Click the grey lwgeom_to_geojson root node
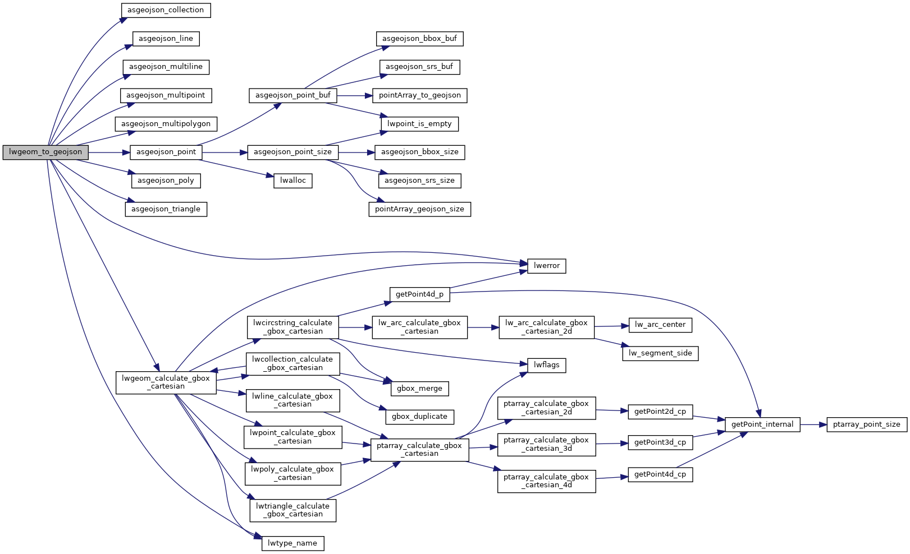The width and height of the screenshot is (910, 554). (45, 152)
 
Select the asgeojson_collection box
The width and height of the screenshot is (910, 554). (166, 10)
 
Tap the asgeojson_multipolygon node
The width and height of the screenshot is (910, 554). (166, 123)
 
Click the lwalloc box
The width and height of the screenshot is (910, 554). (292, 181)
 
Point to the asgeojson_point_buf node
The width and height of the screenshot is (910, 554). (292, 95)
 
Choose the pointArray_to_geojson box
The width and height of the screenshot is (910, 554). (419, 95)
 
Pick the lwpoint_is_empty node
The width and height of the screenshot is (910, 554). (419, 123)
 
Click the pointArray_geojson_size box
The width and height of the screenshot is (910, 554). (419, 209)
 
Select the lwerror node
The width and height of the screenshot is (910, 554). (546, 266)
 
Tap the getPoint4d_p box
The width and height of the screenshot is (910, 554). (419, 294)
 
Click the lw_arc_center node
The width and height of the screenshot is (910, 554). (660, 325)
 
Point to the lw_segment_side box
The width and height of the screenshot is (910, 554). (660, 353)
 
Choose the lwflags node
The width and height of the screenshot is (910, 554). (546, 365)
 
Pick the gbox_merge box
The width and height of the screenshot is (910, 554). (419, 388)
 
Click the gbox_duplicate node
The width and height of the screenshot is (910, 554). (419, 417)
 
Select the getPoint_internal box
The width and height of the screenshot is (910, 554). (762, 424)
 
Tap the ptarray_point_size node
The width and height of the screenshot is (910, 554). (866, 424)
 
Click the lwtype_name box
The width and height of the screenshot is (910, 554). (292, 543)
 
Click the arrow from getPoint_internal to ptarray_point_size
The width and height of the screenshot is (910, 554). (813, 424)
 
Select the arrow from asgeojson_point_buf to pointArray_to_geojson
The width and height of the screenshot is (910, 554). (354, 95)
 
